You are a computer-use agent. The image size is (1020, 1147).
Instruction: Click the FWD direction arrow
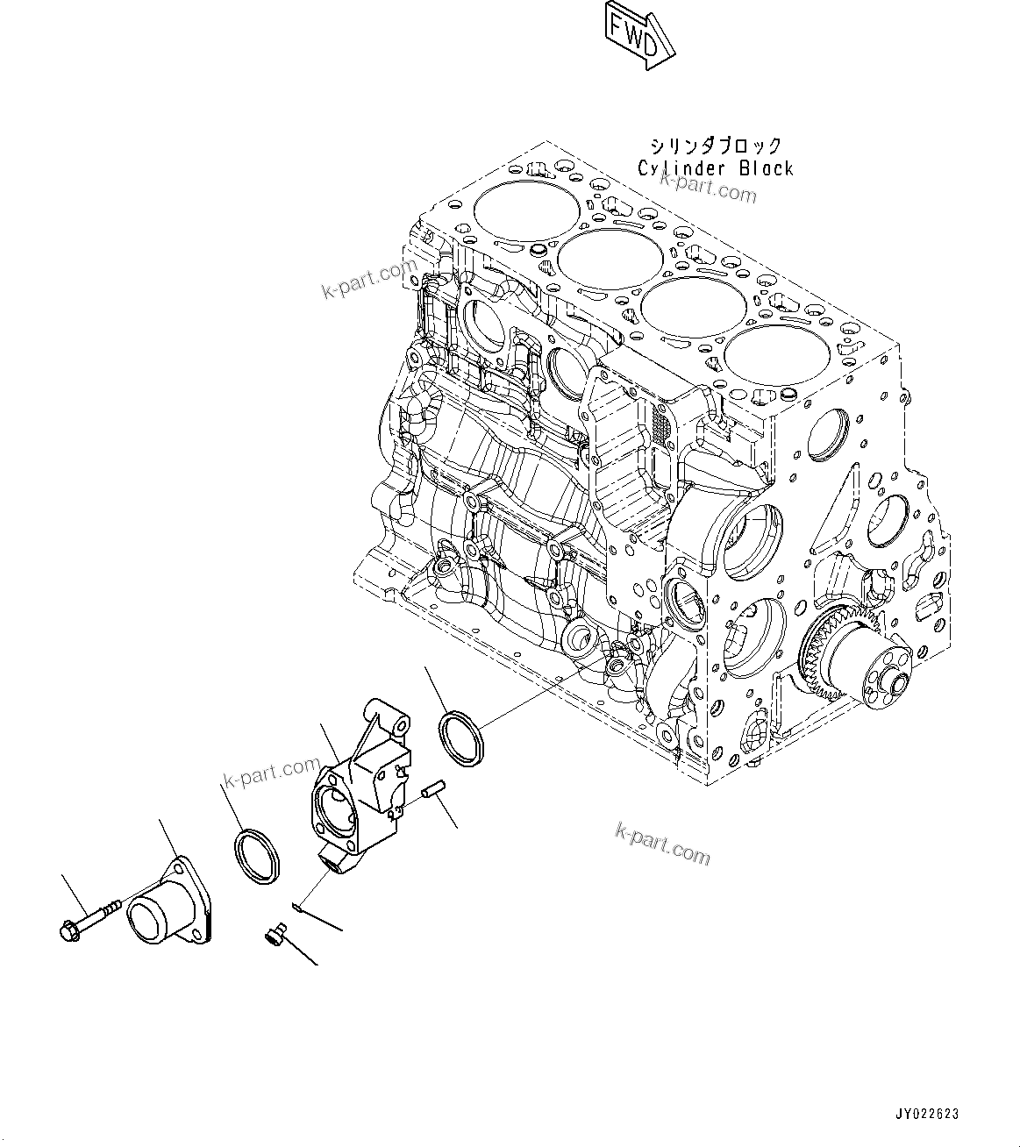click(x=638, y=34)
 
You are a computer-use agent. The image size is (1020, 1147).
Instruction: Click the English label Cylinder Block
click(x=715, y=168)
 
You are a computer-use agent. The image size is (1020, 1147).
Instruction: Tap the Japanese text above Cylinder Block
click(x=715, y=146)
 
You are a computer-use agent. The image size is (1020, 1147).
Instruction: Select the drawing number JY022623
click(x=927, y=1115)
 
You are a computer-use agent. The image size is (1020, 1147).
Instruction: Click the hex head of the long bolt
click(x=71, y=930)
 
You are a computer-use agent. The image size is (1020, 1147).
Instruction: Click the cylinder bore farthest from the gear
click(x=526, y=215)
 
